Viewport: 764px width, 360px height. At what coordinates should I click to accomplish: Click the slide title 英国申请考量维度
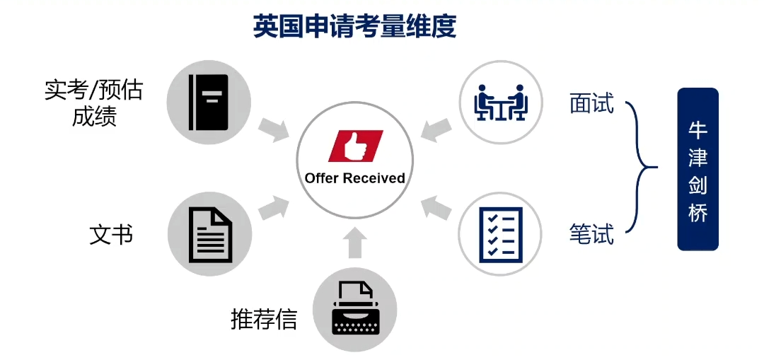[354, 26]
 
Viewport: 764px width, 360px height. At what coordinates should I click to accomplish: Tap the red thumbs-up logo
[355, 146]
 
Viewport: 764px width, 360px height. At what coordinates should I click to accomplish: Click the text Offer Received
[355, 178]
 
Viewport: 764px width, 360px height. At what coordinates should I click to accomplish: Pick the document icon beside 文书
[209, 233]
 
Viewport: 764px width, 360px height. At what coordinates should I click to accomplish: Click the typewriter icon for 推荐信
[354, 309]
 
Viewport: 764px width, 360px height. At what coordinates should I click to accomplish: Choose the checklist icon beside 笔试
[500, 234]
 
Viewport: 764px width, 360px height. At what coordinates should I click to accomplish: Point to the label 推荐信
[263, 319]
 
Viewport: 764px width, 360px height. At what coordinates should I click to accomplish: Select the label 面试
[591, 104]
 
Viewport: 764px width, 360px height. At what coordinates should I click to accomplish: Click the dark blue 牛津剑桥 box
[698, 169]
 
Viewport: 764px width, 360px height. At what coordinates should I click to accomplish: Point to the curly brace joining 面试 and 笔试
[641, 168]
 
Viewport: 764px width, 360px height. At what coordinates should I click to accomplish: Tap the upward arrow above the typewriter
[355, 243]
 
